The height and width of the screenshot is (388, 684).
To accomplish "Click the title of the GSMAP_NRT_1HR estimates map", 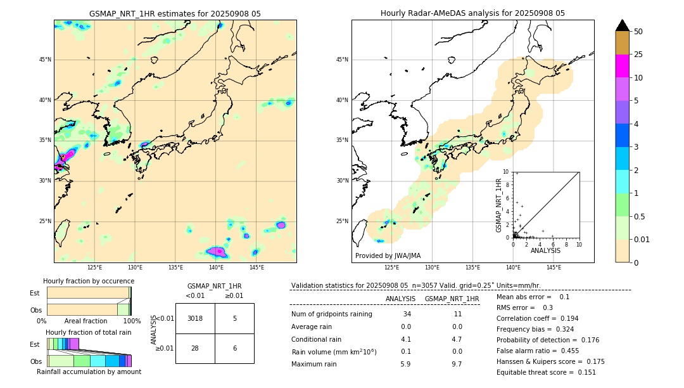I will coord(175,13).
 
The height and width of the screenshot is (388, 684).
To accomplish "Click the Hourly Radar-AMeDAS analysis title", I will coord(472,13).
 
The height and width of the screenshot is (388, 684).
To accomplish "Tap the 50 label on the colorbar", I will coord(638,32).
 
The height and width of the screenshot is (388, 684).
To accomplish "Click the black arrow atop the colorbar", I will coord(623,25).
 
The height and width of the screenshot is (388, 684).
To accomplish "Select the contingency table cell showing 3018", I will coord(195,318).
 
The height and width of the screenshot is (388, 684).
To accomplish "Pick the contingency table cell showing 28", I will coord(195,348).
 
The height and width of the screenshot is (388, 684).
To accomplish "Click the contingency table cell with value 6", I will coord(234,348).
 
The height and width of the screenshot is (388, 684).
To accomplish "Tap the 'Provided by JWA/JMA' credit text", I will coord(388,255).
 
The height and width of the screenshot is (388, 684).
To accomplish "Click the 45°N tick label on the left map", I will coord(45,60).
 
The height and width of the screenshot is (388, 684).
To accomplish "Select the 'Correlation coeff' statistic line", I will coord(537,318).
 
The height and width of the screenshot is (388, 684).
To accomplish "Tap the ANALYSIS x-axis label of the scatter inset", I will coord(545,251).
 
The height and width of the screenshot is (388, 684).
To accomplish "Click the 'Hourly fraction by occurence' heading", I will coord(89,281).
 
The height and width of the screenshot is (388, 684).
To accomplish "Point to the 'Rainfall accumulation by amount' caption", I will coord(89,372).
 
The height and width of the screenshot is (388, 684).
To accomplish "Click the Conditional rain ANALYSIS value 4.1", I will coord(406,339).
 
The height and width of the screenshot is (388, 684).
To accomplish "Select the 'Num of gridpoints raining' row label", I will coord(332,314).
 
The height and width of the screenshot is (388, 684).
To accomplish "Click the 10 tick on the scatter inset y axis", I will coord(506,171).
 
